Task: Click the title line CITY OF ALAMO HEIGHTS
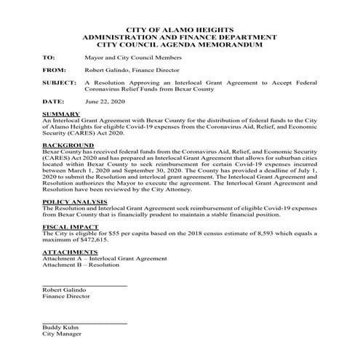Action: [x=180, y=25]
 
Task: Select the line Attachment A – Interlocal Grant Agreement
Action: [x=104, y=258]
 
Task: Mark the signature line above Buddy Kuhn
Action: [x=84, y=322]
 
